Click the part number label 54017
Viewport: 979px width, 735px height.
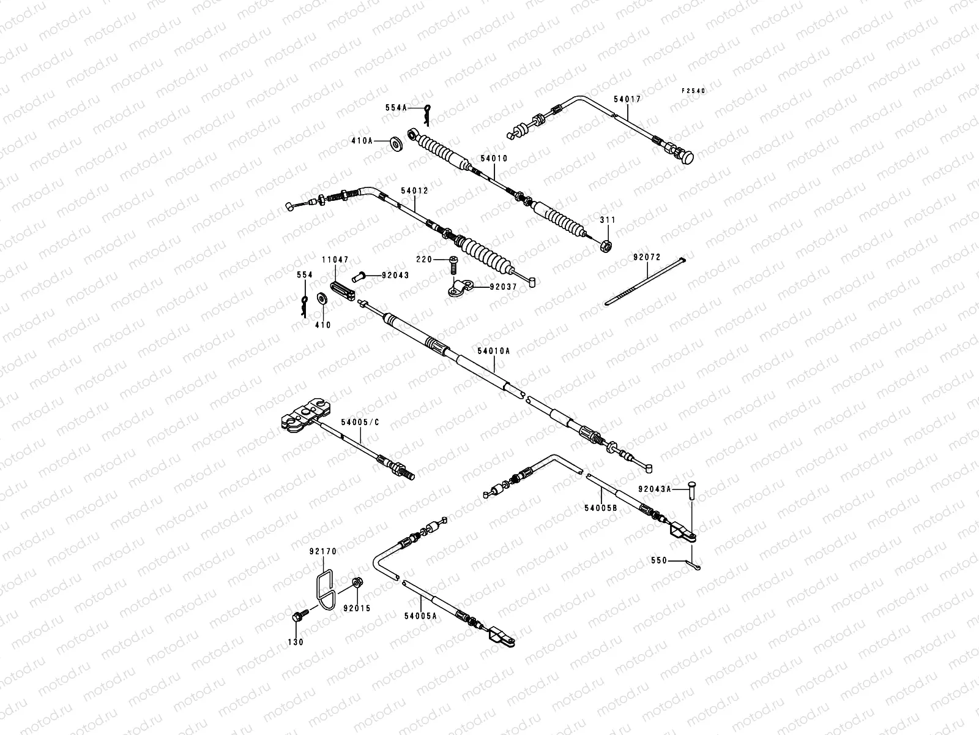627,98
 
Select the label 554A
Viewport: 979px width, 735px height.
396,107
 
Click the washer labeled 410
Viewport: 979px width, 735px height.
322,299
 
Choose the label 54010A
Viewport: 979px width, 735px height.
494,351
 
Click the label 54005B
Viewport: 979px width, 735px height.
600,508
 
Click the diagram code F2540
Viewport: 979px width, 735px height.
694,91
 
